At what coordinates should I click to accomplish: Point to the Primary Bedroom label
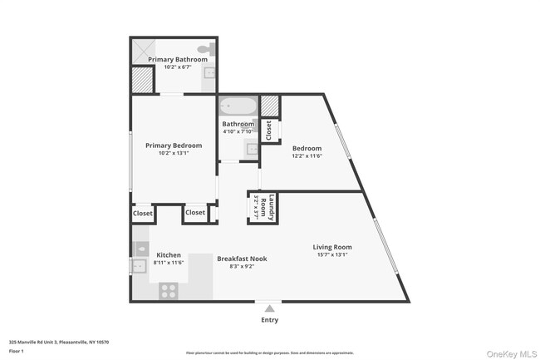click(174, 145)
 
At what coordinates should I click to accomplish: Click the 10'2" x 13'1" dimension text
click(174, 154)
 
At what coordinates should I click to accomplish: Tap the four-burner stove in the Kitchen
click(169, 290)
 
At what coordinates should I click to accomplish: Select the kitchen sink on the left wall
click(138, 266)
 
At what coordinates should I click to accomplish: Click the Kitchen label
click(169, 254)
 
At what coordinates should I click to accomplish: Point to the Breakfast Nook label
click(242, 259)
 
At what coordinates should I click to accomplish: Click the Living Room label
click(331, 247)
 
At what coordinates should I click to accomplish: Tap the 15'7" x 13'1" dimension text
click(331, 255)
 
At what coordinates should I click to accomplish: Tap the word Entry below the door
click(269, 320)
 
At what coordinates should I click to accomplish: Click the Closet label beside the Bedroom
click(268, 130)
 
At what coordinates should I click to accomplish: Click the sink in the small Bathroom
click(252, 149)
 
